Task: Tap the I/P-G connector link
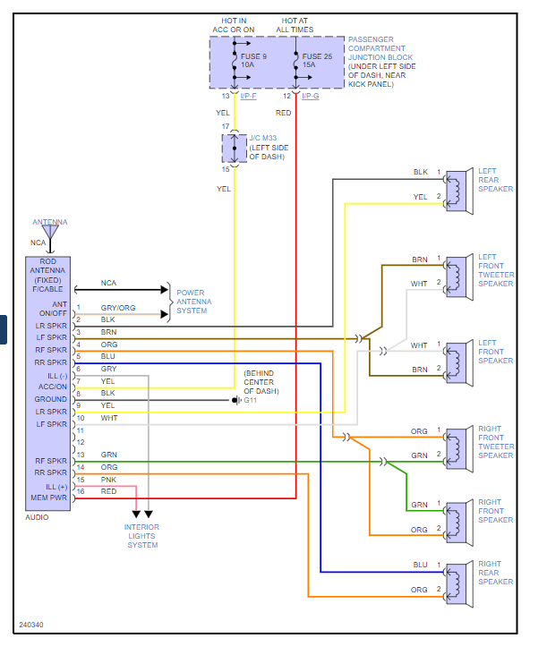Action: coord(311,95)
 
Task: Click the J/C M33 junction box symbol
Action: coord(235,149)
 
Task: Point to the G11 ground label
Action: coord(250,400)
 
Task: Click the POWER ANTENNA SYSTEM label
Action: coord(196,302)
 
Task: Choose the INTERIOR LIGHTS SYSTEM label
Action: coord(142,536)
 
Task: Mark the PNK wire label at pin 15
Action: coord(107,480)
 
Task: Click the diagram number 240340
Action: coord(31,625)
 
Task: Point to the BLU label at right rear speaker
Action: coord(419,566)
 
